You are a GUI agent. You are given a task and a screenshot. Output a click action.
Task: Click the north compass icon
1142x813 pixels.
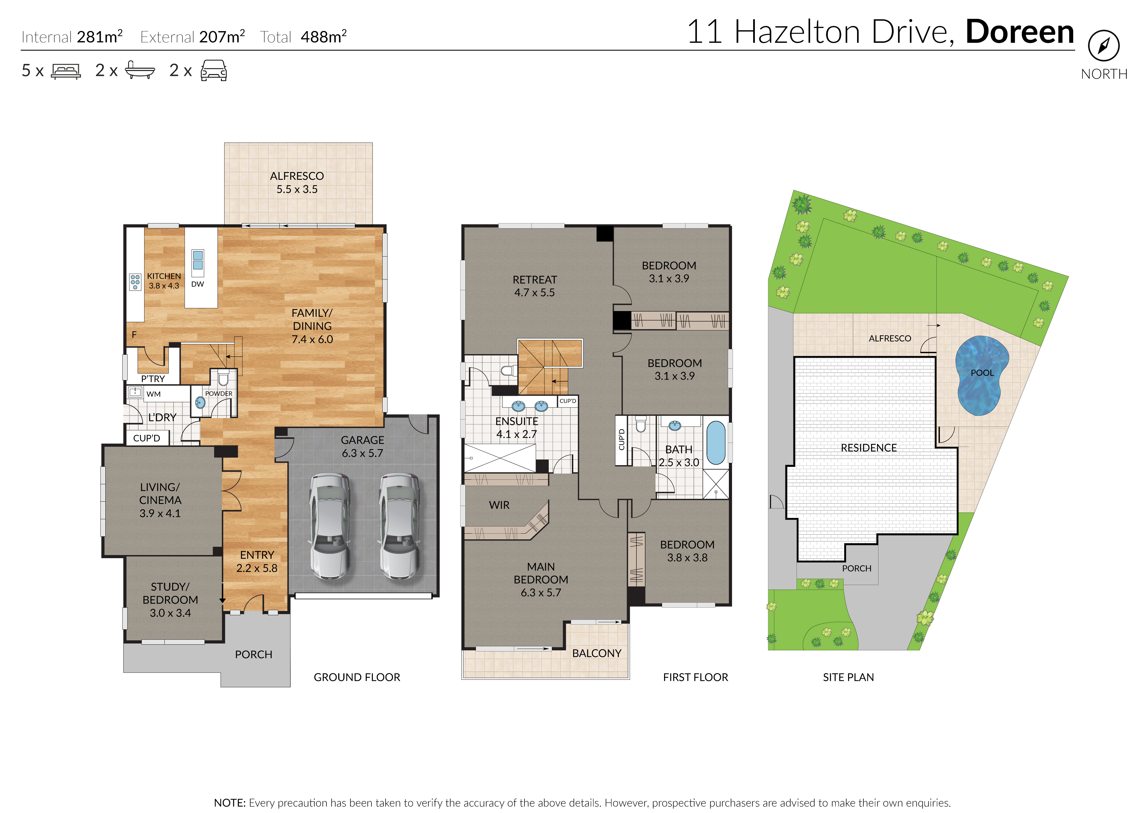click(1103, 46)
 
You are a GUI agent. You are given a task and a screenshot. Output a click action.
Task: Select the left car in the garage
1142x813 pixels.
click(329, 526)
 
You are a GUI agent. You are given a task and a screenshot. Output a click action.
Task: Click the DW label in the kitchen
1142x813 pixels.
click(198, 284)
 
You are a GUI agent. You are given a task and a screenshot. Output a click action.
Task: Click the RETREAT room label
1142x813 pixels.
click(534, 280)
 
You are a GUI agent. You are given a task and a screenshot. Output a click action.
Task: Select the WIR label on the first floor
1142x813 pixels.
click(499, 505)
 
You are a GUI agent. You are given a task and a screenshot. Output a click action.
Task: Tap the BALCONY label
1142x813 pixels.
click(596, 653)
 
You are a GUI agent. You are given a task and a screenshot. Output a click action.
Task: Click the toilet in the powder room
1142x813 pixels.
click(223, 378)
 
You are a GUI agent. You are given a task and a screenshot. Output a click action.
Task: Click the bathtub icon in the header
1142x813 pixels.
click(140, 70)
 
